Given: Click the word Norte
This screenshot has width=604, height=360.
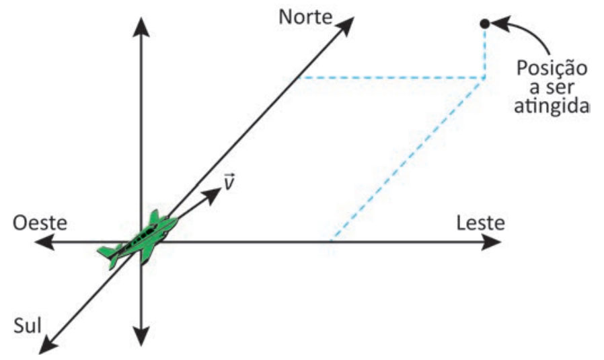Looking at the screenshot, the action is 305,17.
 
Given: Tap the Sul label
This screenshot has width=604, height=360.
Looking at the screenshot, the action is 28,326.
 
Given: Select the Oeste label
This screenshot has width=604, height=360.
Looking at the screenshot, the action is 40,223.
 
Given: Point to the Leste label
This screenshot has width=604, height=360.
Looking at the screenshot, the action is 481,223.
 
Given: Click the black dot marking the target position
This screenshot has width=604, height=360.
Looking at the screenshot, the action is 484,24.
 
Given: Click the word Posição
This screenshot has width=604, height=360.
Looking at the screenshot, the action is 552,69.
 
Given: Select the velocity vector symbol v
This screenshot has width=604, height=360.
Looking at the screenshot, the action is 229,182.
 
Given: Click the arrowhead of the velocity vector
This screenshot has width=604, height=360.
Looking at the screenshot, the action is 212,194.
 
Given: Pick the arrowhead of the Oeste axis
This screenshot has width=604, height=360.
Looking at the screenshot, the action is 44,242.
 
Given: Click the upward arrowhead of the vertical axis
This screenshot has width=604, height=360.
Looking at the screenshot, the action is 141,27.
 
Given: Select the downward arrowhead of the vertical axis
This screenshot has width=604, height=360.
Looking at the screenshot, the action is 141,336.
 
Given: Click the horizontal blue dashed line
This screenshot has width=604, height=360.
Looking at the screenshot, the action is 390,78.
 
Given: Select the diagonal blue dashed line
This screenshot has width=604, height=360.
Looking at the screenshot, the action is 407,160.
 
